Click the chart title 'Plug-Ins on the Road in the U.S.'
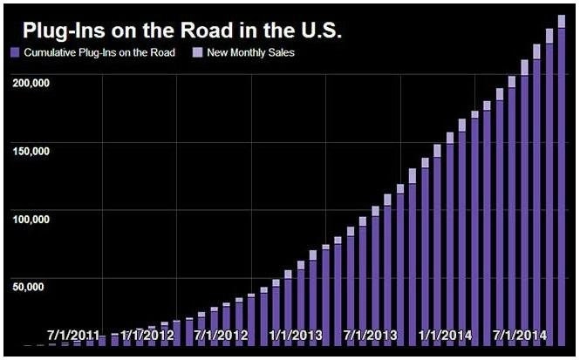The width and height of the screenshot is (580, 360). pos(181,31)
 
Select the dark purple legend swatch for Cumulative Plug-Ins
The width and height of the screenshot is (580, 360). pos(14,54)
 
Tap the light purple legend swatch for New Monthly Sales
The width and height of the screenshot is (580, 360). pos(197,54)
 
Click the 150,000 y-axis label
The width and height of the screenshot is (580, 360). pos(31,150)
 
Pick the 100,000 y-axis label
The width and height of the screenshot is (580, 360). pos(31,217)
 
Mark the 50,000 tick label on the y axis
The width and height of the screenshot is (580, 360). pos(33,284)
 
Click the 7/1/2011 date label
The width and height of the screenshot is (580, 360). pos(72,335)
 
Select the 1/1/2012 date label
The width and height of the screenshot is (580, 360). pos(147,335)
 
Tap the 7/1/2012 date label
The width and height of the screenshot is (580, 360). pos(222,335)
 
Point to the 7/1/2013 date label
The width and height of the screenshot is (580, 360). pos(371,335)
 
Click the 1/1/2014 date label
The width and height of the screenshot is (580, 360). pos(446,335)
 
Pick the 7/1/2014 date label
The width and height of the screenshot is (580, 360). pos(520,335)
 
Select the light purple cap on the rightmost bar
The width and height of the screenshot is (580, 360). pos(562,22)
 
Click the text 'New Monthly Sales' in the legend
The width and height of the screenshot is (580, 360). pos(249,54)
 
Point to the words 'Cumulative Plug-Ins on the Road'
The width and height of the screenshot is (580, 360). pos(99,54)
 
